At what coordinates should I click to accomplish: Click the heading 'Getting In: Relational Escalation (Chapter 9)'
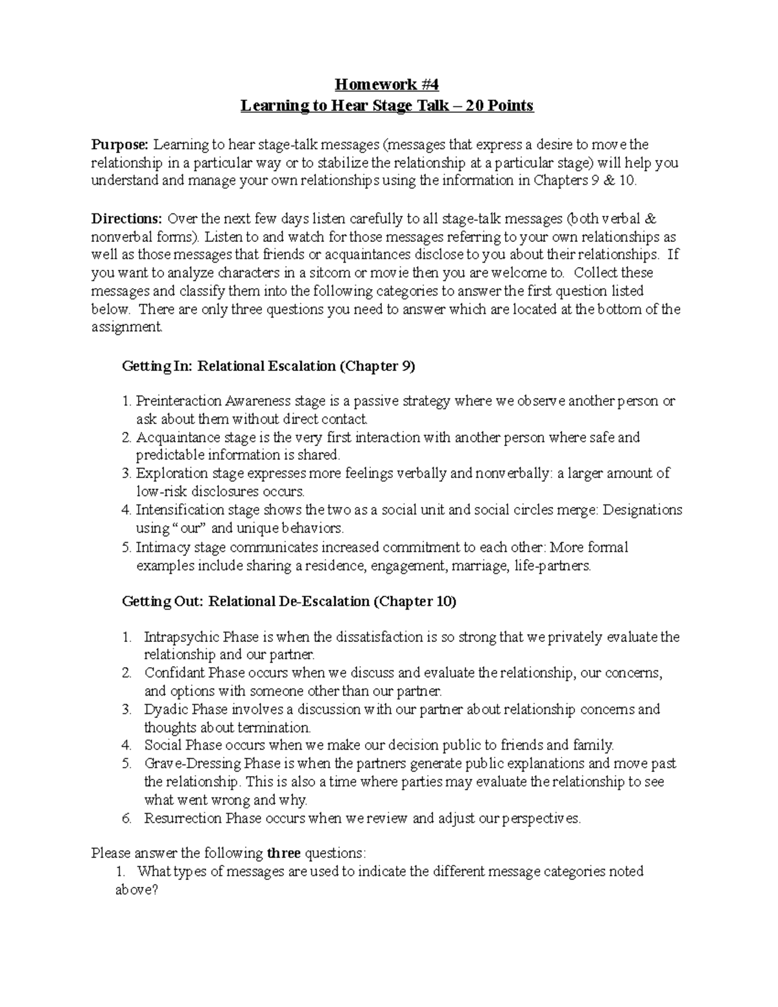click(268, 366)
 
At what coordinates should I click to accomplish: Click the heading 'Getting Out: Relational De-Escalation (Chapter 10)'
click(289, 602)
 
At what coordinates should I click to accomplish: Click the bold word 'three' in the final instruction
click(283, 853)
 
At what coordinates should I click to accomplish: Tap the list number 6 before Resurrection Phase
click(126, 818)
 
